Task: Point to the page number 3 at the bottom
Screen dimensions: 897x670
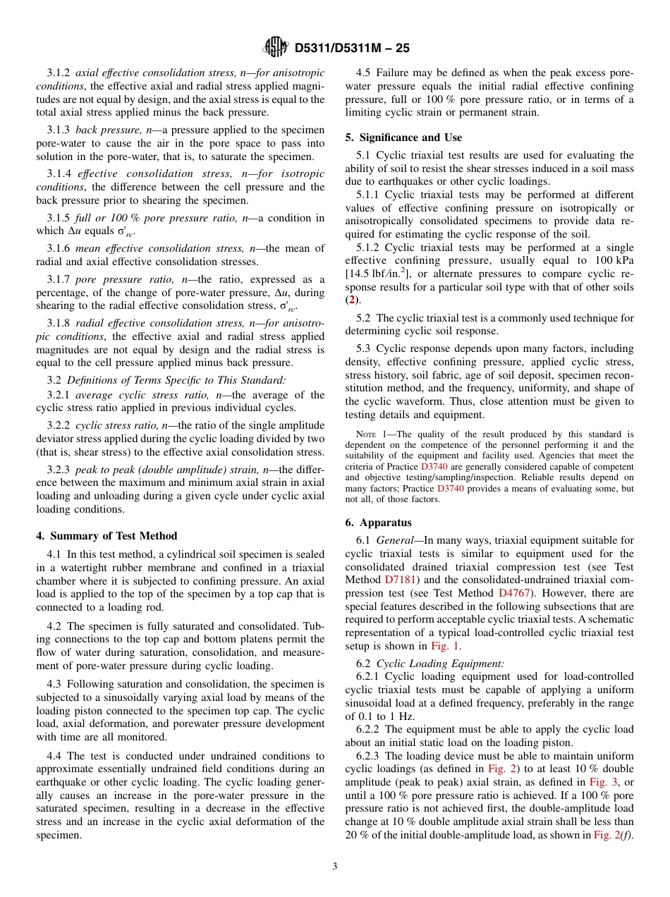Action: point(335,867)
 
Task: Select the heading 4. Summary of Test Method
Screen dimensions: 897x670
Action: point(106,536)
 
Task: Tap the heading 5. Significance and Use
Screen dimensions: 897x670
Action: point(403,138)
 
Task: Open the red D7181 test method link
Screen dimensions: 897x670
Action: point(401,580)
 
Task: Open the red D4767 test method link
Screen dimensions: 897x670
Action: point(515,593)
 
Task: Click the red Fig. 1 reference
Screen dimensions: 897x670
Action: point(446,646)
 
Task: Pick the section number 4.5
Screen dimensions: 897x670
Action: point(363,73)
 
